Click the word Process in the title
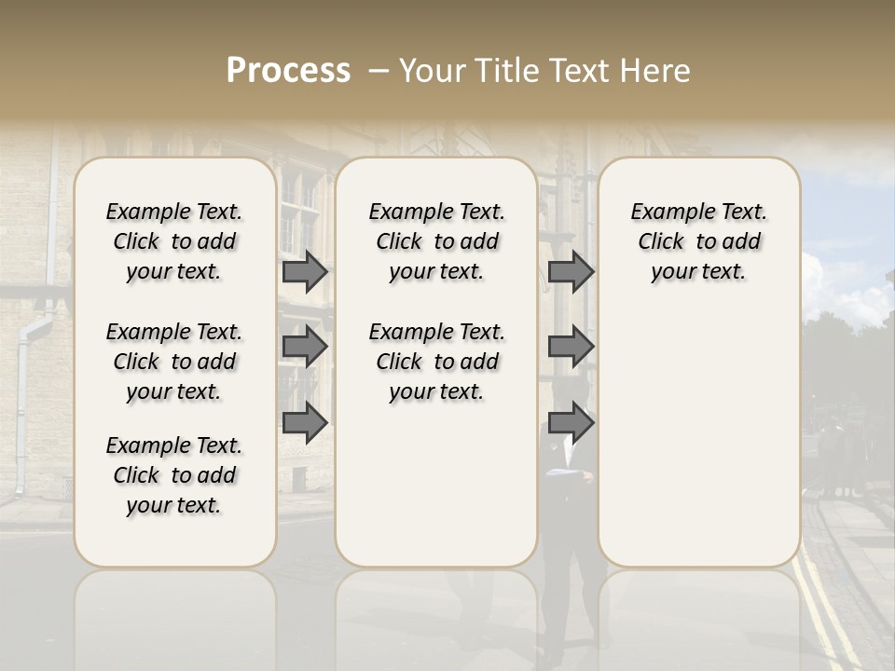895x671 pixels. (x=288, y=71)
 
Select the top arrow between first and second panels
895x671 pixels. (x=305, y=271)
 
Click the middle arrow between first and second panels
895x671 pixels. (x=305, y=347)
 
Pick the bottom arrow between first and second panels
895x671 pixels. (x=305, y=422)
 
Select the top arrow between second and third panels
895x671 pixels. (x=571, y=271)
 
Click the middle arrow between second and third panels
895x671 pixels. (x=571, y=347)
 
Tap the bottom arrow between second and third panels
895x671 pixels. (x=571, y=422)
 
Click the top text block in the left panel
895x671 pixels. (x=174, y=241)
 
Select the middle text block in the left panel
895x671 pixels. (x=174, y=362)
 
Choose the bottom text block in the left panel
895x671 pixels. (x=174, y=475)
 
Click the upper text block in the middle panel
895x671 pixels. (x=436, y=241)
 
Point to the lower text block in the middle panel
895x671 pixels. (x=436, y=362)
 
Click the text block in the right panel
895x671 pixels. (x=698, y=241)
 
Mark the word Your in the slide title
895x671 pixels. (x=430, y=71)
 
